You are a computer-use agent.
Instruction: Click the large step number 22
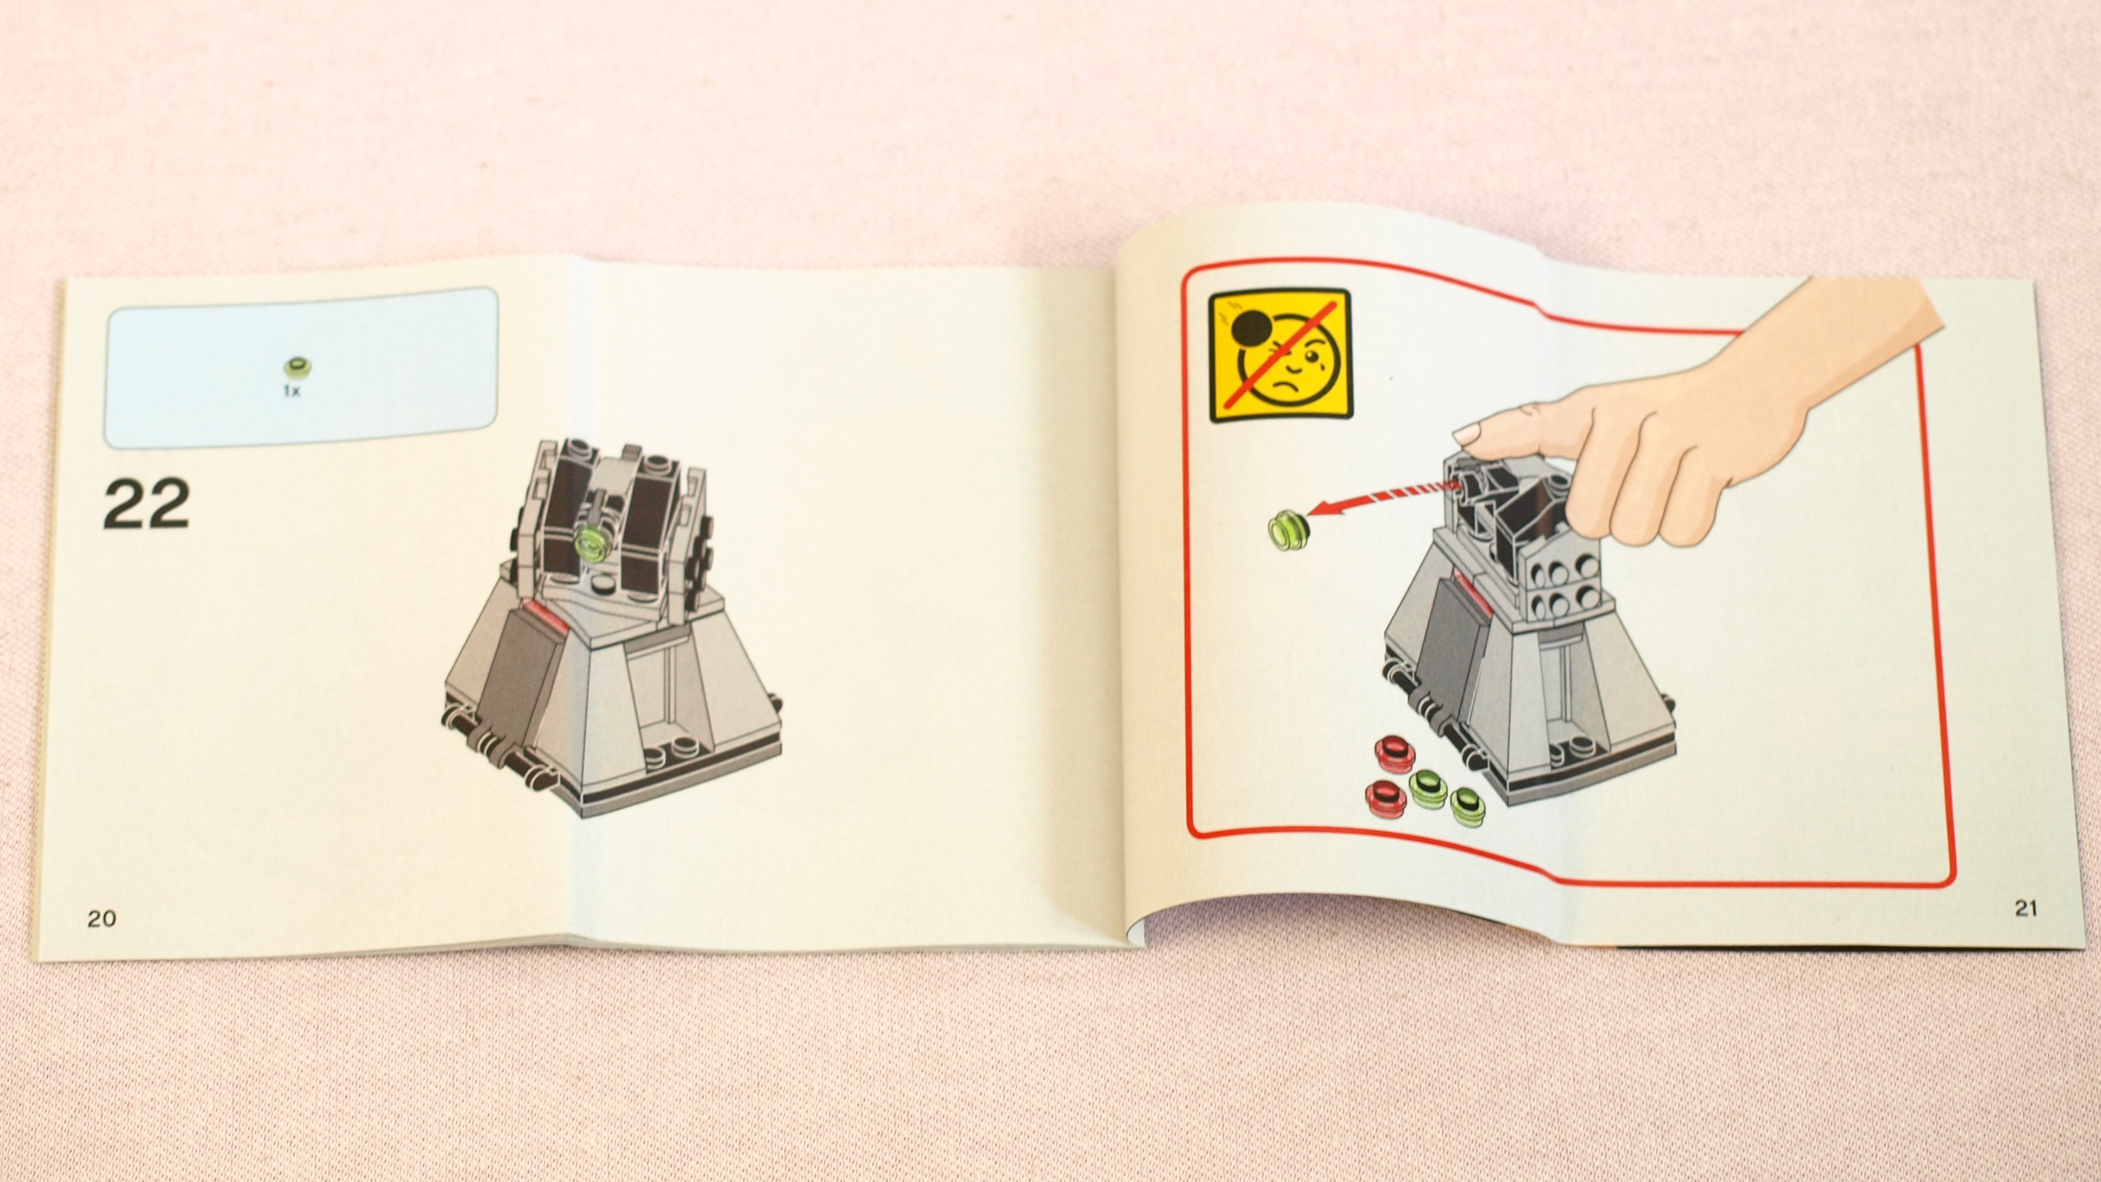[147, 504]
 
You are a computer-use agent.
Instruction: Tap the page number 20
[101, 918]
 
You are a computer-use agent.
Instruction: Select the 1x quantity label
[291, 391]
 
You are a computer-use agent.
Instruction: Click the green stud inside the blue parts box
[295, 368]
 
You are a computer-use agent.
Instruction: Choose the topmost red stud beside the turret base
[1394, 754]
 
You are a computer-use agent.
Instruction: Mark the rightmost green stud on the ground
[1467, 806]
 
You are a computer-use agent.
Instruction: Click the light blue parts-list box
[301, 367]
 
